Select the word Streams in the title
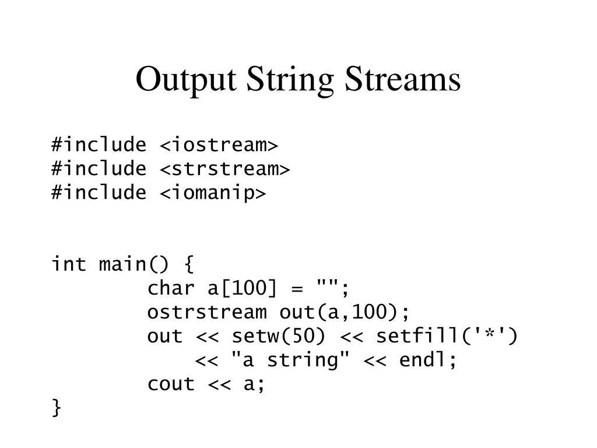403,80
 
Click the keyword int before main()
69,264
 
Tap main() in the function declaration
134,264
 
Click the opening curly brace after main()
188,265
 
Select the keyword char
171,288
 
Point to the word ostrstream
207,312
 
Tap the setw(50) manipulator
279,337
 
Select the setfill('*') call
447,337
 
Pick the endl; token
429,360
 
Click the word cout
171,384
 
